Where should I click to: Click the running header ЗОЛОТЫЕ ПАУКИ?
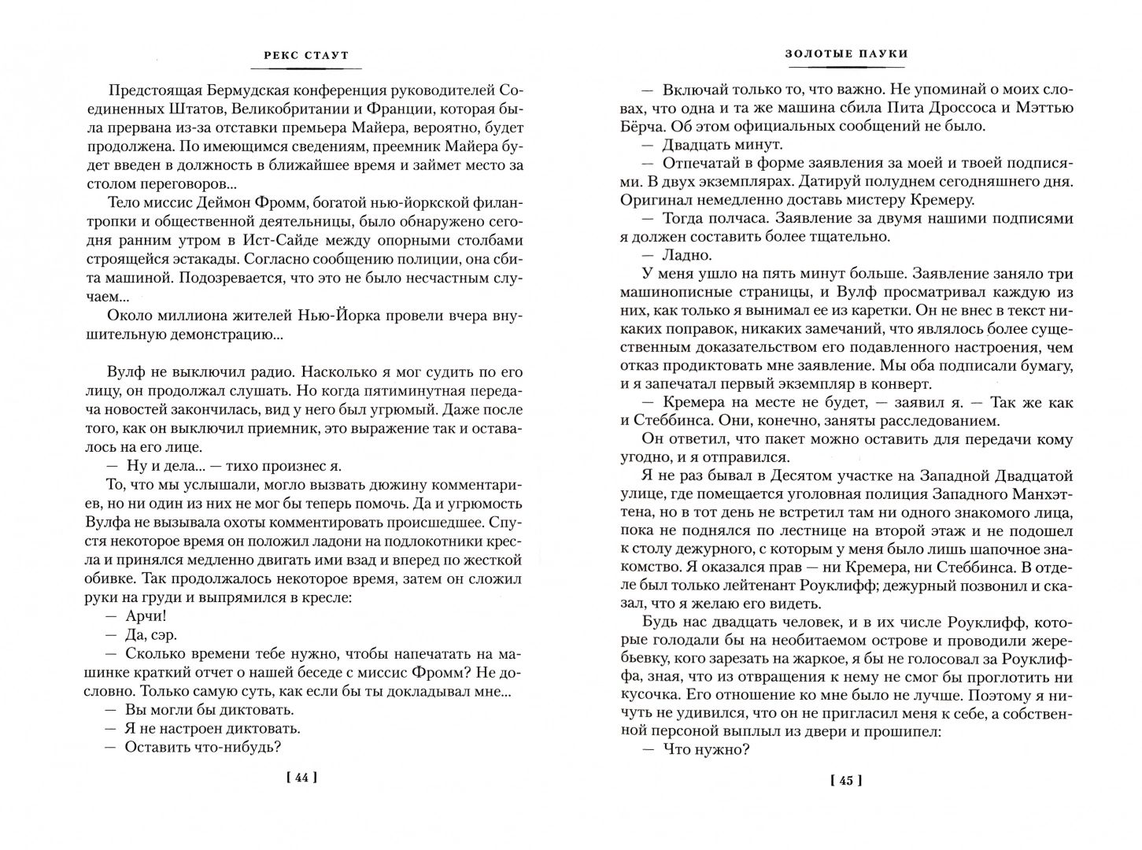(845, 54)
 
